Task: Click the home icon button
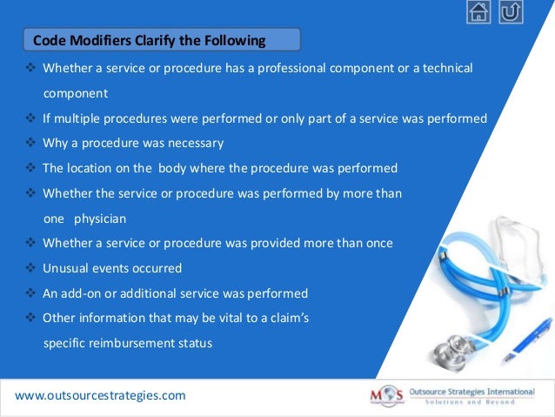pos(478,12)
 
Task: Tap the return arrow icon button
pos(512,12)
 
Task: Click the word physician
pos(100,219)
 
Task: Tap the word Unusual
pos(67,268)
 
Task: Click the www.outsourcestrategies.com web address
pos(100,395)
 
